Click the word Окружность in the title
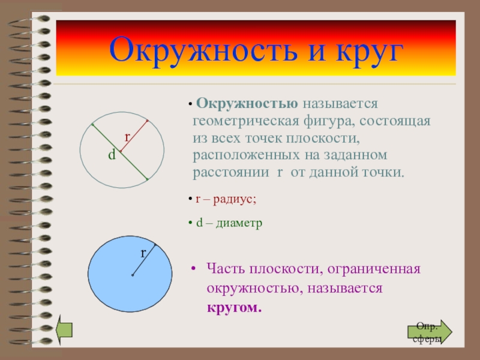pos(203,50)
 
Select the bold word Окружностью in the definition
pos(247,104)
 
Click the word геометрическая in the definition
pos(246,121)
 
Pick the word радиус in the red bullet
pos(235,200)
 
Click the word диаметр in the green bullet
pos(239,223)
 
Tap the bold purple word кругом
pos(234,307)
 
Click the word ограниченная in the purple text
pos(374,269)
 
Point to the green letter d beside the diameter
pos(112,155)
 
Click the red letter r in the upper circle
pos(127,137)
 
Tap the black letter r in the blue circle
pos(143,253)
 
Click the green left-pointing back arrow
pos(64,329)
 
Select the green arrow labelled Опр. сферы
pos(430,332)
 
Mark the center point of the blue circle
pos(133,275)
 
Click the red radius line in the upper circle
pos(134,136)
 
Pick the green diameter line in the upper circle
pos(120,152)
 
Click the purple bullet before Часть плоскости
pos(193,269)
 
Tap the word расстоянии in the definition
pos(231,173)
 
